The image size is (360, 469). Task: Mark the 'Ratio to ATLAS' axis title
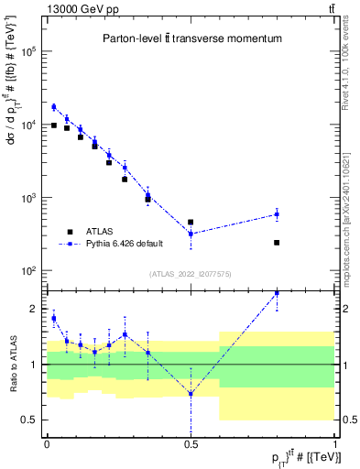(13, 365)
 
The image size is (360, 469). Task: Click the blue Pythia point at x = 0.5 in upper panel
(191, 234)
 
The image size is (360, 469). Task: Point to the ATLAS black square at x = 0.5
(191, 222)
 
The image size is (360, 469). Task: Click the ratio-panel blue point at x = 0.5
(191, 394)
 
